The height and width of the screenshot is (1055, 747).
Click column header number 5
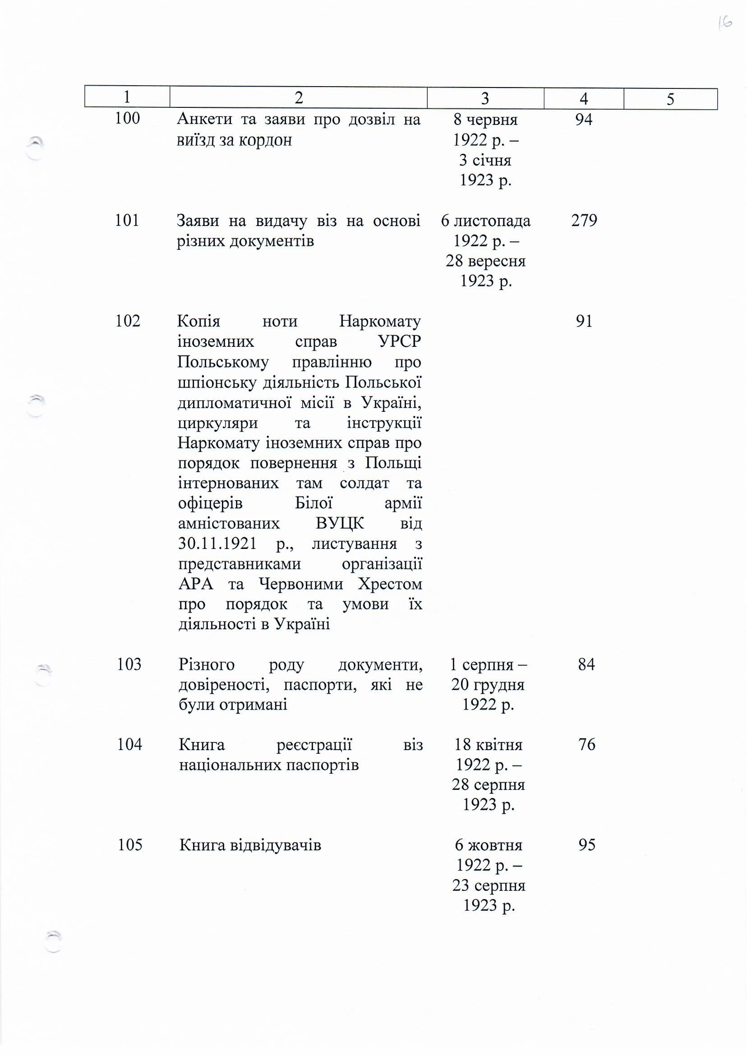click(x=670, y=99)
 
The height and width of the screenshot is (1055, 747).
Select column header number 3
click(x=485, y=98)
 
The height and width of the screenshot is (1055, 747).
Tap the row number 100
click(x=127, y=118)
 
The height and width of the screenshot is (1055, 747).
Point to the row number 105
click(x=130, y=845)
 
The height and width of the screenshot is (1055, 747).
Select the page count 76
click(x=587, y=744)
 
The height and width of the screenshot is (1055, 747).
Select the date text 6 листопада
click(x=486, y=221)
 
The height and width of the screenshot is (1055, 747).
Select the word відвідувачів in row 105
click(x=275, y=845)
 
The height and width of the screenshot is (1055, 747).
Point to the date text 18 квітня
click(x=489, y=744)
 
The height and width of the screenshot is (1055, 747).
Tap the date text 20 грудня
click(x=488, y=685)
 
